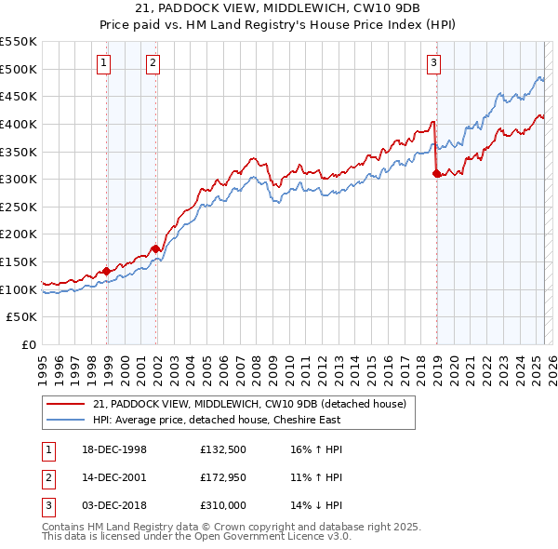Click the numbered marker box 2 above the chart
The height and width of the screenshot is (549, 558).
[152, 63]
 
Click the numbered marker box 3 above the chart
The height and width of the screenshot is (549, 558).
[433, 63]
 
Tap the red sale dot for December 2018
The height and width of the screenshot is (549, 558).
[435, 173]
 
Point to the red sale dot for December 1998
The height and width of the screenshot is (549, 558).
[107, 271]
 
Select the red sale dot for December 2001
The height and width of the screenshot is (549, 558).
[155, 248]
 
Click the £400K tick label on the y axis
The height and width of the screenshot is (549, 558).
[20, 124]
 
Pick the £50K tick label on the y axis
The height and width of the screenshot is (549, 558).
[23, 317]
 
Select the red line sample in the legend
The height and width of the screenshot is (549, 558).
[66, 404]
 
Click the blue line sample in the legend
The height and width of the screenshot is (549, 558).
[66, 420]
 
